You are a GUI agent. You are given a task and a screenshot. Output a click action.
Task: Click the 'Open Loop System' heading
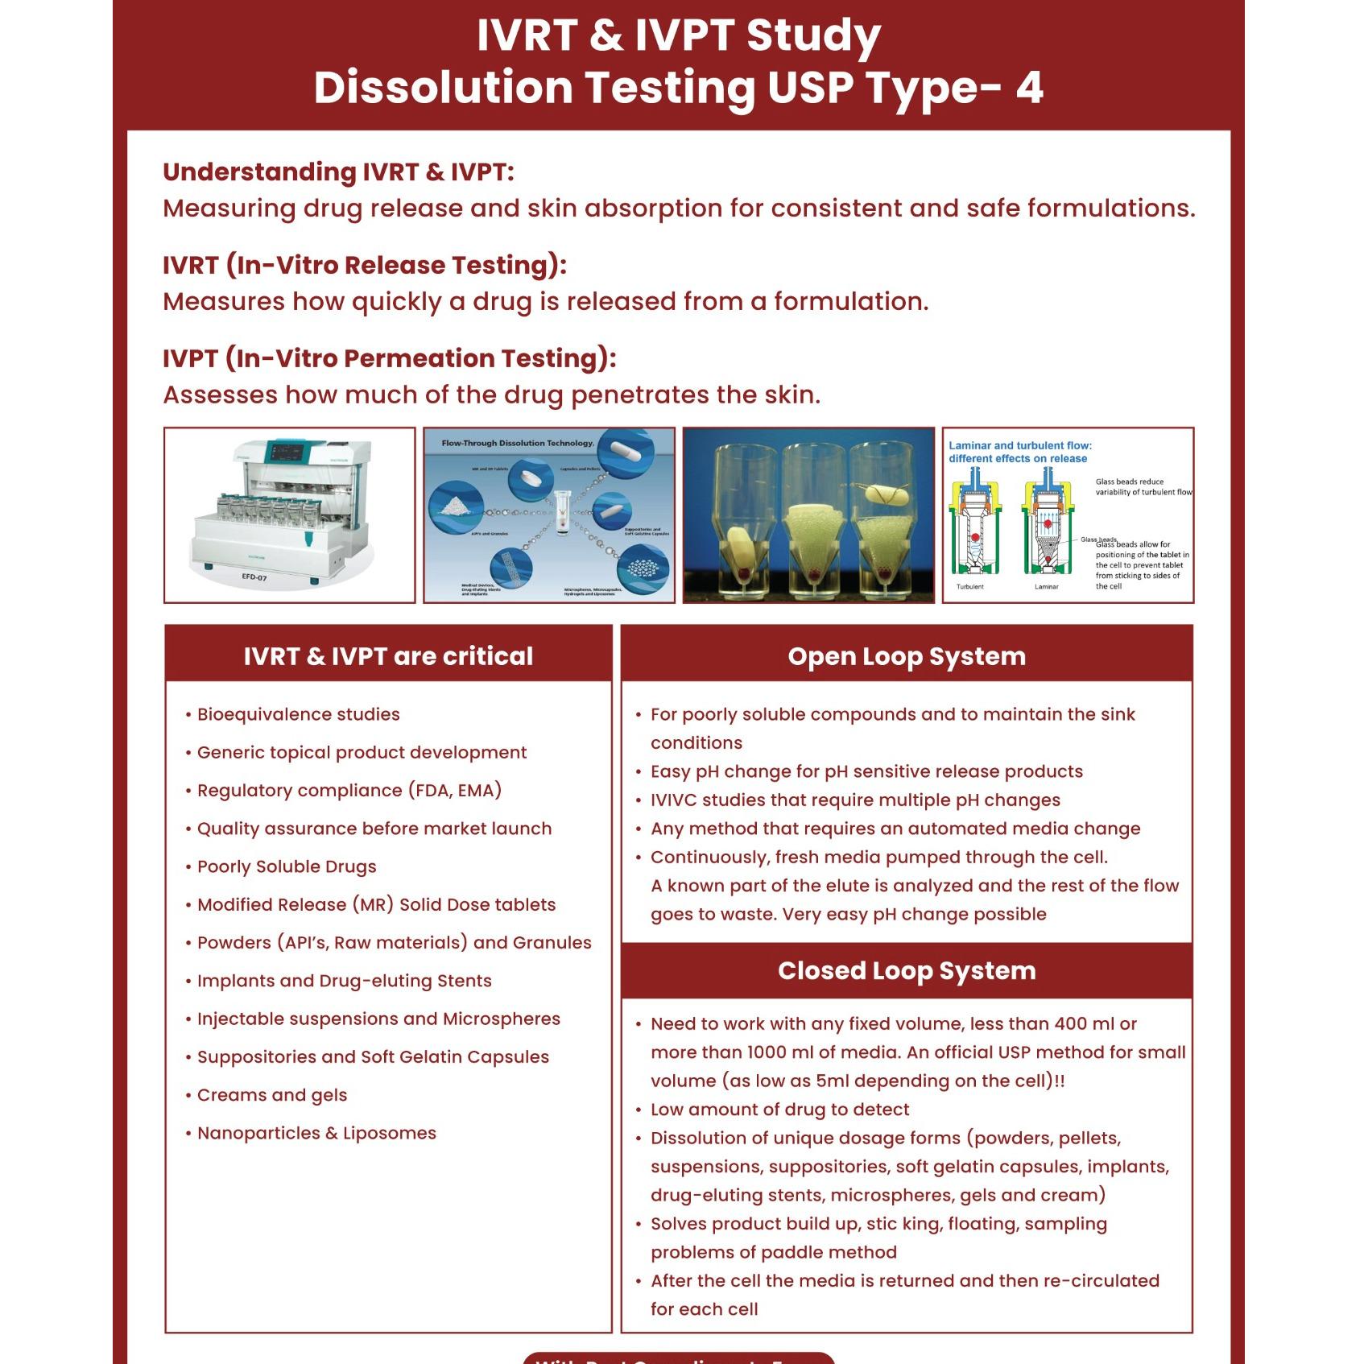(907, 656)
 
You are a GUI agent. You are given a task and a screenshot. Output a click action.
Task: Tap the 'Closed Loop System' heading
(907, 970)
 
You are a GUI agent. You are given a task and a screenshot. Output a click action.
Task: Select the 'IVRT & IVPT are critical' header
(388, 656)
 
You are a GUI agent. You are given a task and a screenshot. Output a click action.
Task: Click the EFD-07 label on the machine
(254, 577)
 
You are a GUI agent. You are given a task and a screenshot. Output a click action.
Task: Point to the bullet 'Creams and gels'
(272, 1095)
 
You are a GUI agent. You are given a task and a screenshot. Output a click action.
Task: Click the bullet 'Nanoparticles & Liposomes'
(316, 1133)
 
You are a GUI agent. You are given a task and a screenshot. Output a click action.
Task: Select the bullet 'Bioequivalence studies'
(298, 714)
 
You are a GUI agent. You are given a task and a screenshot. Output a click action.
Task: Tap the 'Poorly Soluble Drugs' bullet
(287, 866)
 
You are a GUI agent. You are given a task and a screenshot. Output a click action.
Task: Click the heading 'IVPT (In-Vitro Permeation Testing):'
(389, 358)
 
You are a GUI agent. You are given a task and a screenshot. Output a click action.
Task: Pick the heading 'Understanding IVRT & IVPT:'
(338, 172)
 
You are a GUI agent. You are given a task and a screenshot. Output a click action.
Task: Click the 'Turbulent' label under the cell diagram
(969, 587)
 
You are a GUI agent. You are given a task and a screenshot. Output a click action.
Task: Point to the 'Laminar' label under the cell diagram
(1046, 587)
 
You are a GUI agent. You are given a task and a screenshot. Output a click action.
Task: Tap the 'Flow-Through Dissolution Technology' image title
(518, 443)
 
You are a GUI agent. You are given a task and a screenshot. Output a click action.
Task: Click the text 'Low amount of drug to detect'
(779, 1110)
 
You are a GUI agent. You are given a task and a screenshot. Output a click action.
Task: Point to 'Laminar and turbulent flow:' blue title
(1019, 445)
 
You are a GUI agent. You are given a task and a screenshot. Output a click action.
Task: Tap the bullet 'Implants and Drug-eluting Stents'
(344, 981)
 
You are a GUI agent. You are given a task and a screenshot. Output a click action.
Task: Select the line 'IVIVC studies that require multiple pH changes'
(855, 800)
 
